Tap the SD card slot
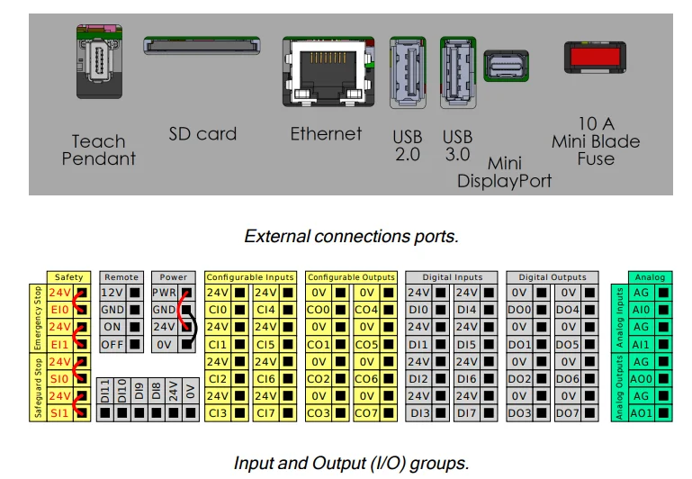pos(202,45)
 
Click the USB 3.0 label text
pos(457,145)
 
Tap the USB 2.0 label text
pos(407,145)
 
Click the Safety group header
pos(69,277)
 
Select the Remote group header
pos(121,277)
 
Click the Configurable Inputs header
pos(249,277)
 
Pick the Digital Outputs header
pos(552,277)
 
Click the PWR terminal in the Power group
pos(163,293)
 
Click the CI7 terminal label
pos(267,413)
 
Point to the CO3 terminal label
pos(318,413)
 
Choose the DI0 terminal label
pos(418,310)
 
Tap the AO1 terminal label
pos(642,413)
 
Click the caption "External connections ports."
pos(351,237)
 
